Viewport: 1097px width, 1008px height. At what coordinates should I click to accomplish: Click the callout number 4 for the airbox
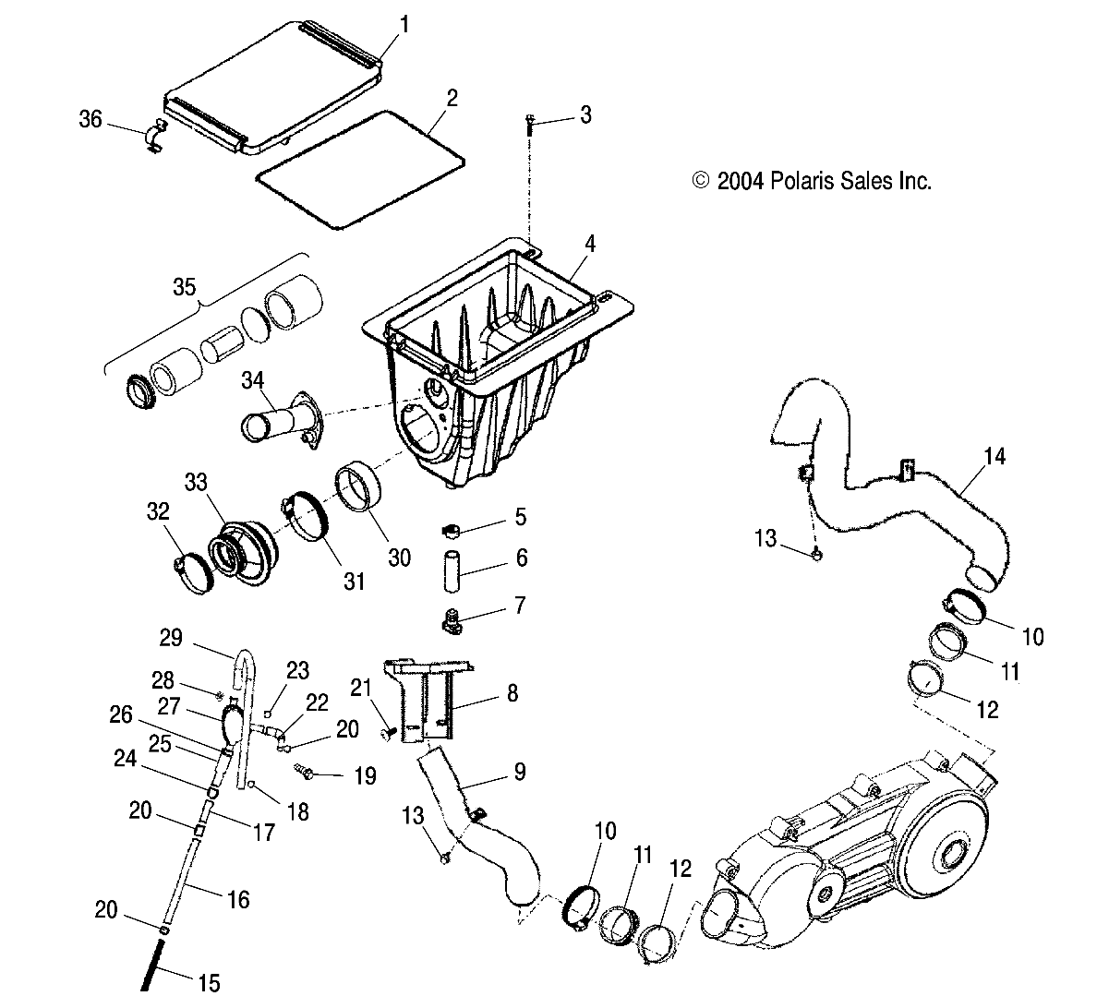[615, 245]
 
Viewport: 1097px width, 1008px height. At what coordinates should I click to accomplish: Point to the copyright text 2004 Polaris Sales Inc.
[812, 181]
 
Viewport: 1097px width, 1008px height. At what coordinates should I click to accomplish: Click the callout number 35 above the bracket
[185, 287]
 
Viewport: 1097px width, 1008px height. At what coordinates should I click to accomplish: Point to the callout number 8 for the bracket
[512, 693]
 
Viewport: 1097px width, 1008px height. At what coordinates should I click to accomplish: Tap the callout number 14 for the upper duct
[994, 456]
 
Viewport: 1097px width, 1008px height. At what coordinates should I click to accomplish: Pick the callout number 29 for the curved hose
[172, 638]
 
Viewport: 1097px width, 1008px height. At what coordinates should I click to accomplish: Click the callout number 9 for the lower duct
[519, 771]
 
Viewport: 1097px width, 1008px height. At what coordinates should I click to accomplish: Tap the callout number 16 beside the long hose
[238, 898]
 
